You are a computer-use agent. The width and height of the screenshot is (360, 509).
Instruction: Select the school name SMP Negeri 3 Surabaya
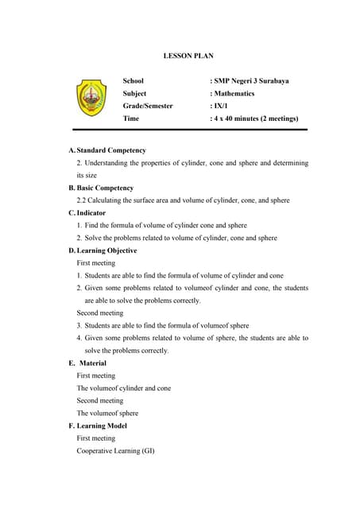[x=253, y=81]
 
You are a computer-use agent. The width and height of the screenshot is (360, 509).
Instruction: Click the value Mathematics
[x=234, y=93]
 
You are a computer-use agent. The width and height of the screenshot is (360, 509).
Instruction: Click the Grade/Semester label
[x=148, y=106]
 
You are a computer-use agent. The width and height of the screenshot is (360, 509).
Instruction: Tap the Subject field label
[x=135, y=93]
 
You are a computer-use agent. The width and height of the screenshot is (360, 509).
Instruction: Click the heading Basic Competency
[x=105, y=188]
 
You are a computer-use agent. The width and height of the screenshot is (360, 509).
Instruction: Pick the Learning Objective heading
[x=106, y=251]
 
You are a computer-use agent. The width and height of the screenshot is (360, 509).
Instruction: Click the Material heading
[x=93, y=363]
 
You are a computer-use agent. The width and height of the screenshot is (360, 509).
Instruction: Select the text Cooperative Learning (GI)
[x=115, y=451]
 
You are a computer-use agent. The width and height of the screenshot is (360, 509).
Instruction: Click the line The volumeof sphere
[x=107, y=414]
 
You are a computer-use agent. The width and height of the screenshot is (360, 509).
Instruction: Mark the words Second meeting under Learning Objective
[x=100, y=313]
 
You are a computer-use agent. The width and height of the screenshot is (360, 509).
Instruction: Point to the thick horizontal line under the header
[x=190, y=129]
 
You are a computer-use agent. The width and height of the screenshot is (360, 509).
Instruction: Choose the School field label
[x=134, y=81]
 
